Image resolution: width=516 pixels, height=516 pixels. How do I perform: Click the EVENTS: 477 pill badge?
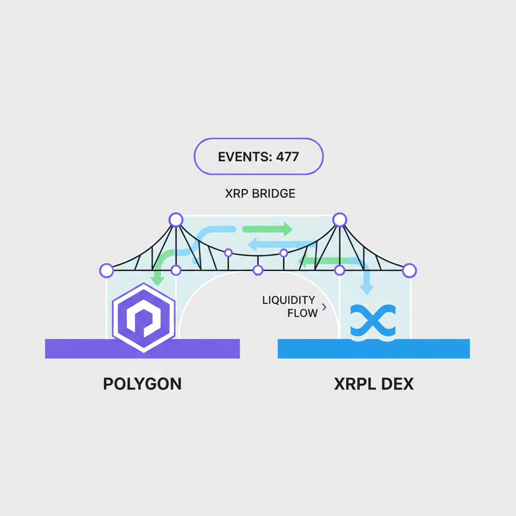point(258,157)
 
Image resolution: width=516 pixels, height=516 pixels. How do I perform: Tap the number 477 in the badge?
point(287,157)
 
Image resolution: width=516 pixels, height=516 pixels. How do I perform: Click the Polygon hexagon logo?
point(144,317)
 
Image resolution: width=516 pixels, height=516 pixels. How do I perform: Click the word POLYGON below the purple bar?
point(142,384)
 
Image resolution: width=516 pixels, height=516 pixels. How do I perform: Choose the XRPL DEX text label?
point(373,384)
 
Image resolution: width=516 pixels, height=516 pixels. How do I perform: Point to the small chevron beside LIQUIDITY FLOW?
point(324,307)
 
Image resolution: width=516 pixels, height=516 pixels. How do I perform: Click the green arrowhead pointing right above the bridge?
point(287,229)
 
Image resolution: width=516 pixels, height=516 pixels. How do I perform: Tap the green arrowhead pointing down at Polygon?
point(157,281)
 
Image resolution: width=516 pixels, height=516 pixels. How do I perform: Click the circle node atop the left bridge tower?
point(175,220)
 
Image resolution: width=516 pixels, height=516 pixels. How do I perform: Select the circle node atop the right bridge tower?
point(340,220)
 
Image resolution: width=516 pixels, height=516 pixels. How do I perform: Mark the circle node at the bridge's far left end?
point(106,271)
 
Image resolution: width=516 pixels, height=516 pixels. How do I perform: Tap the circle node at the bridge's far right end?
point(409,271)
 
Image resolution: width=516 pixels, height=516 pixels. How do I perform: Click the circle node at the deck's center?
point(258,271)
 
